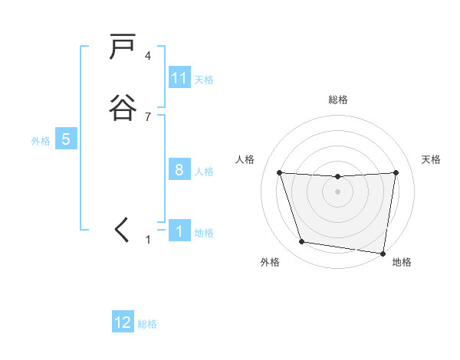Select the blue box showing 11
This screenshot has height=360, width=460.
pyautogui.click(x=179, y=78)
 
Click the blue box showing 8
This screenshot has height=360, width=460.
pyautogui.click(x=179, y=170)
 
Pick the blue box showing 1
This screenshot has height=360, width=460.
pyautogui.click(x=179, y=231)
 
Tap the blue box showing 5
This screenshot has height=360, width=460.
pyautogui.click(x=66, y=139)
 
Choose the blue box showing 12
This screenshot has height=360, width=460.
pyautogui.click(x=123, y=322)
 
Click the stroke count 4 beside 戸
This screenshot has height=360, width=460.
pyautogui.click(x=148, y=56)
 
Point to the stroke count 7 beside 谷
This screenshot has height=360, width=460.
pyautogui.click(x=148, y=116)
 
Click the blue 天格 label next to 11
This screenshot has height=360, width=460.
pyautogui.click(x=204, y=79)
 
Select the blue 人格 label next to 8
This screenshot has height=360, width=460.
pyautogui.click(x=204, y=171)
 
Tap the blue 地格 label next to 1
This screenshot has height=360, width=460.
pyautogui.click(x=204, y=232)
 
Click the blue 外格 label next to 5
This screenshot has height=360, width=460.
pyautogui.click(x=41, y=141)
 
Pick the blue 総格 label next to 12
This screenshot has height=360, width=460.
pyautogui.click(x=147, y=324)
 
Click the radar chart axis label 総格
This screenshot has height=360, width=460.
pyautogui.click(x=337, y=100)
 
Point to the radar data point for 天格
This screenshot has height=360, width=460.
pyautogui.click(x=396, y=172)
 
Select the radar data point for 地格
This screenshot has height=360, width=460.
pyautogui.click(x=383, y=253)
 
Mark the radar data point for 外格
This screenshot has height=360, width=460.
pyautogui.click(x=302, y=242)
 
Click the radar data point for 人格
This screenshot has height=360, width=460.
pyautogui.click(x=279, y=172)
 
